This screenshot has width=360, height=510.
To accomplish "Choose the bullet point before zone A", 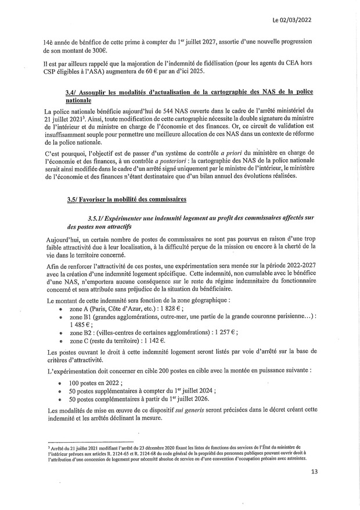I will [x=62, y=310].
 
